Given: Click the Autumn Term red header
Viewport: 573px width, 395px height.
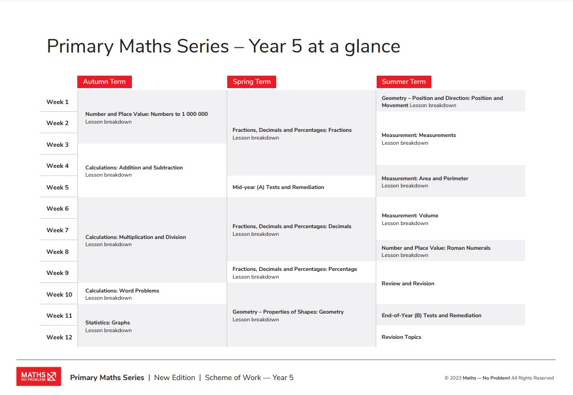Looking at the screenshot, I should click(104, 81).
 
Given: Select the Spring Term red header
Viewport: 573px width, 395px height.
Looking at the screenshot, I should click(251, 81).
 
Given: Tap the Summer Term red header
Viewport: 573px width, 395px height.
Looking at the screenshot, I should click(403, 81).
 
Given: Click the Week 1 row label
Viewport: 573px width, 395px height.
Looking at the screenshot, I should click(58, 102).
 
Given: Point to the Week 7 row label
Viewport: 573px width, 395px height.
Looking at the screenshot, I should click(58, 230).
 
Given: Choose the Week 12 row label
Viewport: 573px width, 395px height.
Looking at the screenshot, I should click(59, 337).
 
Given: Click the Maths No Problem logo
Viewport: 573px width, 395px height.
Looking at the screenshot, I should click(39, 376).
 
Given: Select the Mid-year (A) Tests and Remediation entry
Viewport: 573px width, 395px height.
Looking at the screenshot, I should click(278, 187).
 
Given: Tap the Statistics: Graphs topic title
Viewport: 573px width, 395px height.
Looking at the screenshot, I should click(108, 322).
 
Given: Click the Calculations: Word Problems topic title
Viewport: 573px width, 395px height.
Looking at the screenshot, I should click(122, 290).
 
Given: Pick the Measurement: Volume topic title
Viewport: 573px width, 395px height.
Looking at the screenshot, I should click(410, 215).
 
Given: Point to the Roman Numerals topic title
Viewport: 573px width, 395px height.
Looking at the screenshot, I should click(436, 248).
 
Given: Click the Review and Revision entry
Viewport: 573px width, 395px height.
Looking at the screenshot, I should click(408, 283).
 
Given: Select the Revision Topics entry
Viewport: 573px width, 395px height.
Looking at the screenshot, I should click(401, 337).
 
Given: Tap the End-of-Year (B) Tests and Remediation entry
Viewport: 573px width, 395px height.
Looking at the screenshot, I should click(431, 315).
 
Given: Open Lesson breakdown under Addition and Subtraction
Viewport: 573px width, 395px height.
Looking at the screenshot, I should click(108, 175).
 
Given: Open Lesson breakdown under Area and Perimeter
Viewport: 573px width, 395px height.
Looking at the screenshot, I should click(405, 186).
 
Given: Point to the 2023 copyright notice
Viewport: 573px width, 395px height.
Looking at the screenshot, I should click(499, 378).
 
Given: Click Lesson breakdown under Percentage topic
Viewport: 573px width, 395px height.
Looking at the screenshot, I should click(256, 277).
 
